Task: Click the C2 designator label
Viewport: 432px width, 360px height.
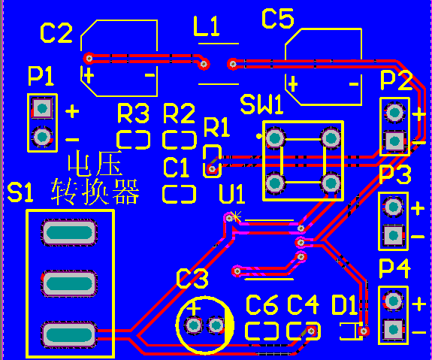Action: point(56,33)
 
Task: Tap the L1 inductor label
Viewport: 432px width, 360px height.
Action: point(207,26)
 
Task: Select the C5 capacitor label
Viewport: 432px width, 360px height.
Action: point(278,18)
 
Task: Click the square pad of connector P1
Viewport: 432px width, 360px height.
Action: point(42,108)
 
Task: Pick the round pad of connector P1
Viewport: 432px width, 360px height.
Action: point(42,137)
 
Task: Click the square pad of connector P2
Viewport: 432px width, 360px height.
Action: point(394,141)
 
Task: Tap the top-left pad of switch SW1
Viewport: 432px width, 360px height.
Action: point(275,138)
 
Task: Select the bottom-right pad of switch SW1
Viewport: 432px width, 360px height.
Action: point(331,183)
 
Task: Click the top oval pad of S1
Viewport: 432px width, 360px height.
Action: point(69,232)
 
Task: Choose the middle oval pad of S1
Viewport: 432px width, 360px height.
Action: point(69,283)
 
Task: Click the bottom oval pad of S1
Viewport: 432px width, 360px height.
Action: point(69,334)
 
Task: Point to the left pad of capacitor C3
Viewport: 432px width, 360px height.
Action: point(194,325)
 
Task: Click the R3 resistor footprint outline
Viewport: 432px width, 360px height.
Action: point(133,140)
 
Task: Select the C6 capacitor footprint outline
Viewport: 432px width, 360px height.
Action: point(261,331)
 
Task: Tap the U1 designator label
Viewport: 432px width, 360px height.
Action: point(231,195)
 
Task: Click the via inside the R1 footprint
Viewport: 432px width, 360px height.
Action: point(212,168)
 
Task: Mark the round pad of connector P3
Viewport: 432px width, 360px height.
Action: point(393,206)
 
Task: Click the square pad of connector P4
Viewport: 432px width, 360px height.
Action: point(393,330)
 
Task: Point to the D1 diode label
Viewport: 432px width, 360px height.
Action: point(344,305)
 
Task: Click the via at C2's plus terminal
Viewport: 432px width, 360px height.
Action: point(89,58)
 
